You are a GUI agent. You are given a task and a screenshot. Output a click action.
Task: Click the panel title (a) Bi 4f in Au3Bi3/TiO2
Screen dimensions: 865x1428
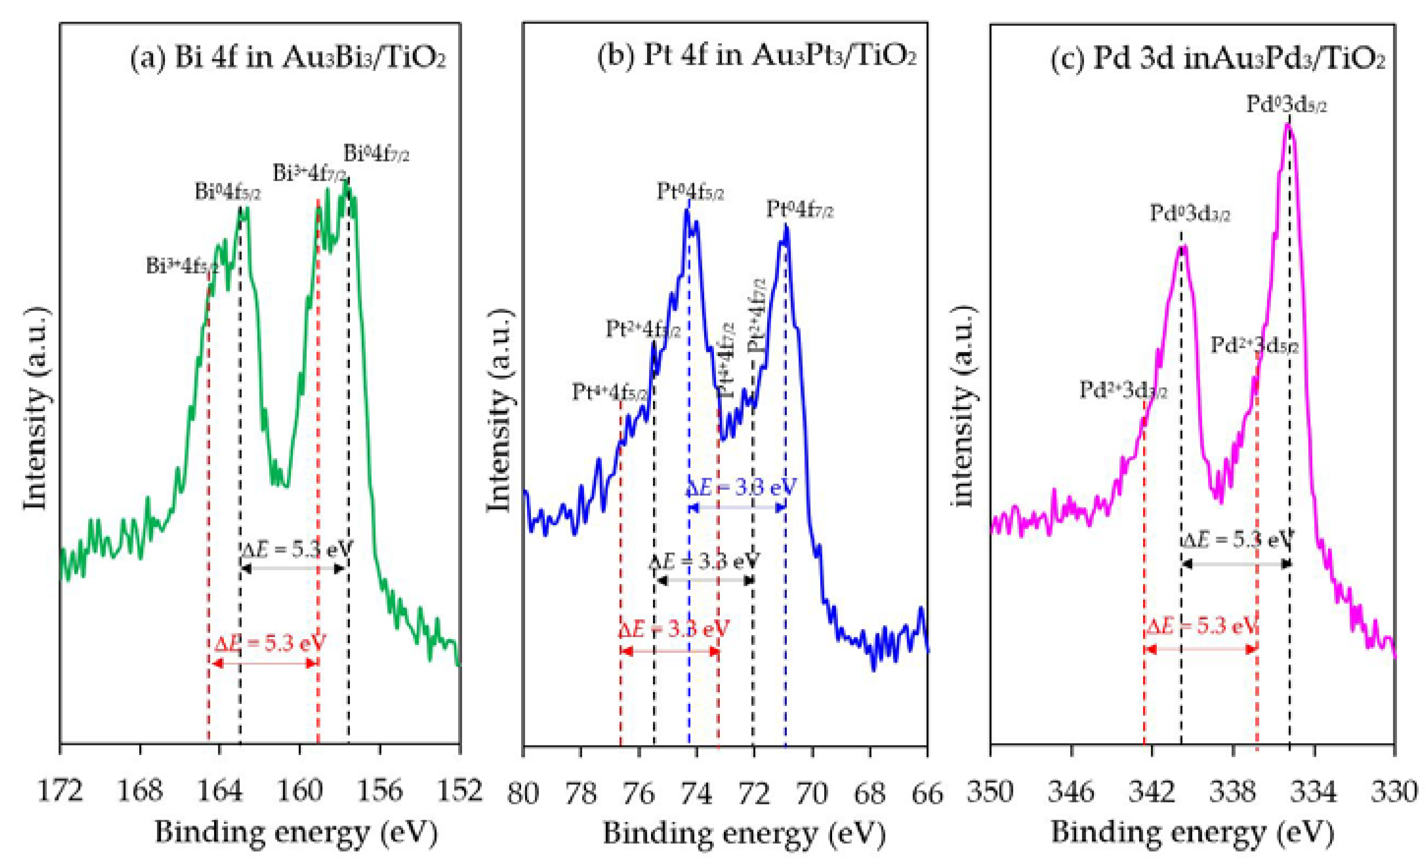(287, 59)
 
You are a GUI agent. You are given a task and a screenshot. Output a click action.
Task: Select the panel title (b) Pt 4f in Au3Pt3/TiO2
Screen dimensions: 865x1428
(756, 57)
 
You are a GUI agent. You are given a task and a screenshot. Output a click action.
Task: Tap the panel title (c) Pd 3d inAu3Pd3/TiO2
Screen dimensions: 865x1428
(1217, 59)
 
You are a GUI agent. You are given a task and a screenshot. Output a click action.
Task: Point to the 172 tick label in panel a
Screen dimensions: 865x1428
(60, 791)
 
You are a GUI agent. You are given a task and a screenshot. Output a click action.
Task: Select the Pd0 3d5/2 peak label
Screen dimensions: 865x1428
(1287, 105)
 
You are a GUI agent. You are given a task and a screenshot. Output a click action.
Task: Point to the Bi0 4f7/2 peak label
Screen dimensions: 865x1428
(376, 154)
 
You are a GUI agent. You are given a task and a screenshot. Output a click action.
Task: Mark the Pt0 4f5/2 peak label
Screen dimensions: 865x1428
(690, 192)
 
